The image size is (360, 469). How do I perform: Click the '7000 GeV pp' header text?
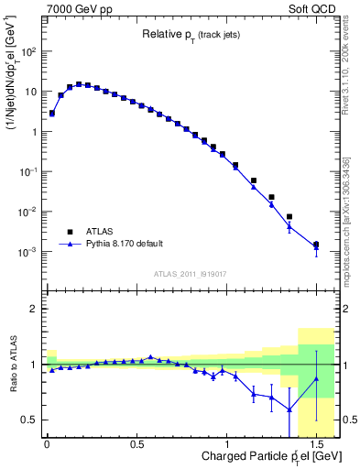click(x=80, y=8)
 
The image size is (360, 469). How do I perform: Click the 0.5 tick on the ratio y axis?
click(x=29, y=420)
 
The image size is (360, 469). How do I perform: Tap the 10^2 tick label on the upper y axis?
click(x=28, y=51)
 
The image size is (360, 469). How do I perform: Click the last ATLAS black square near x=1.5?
click(x=316, y=245)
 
